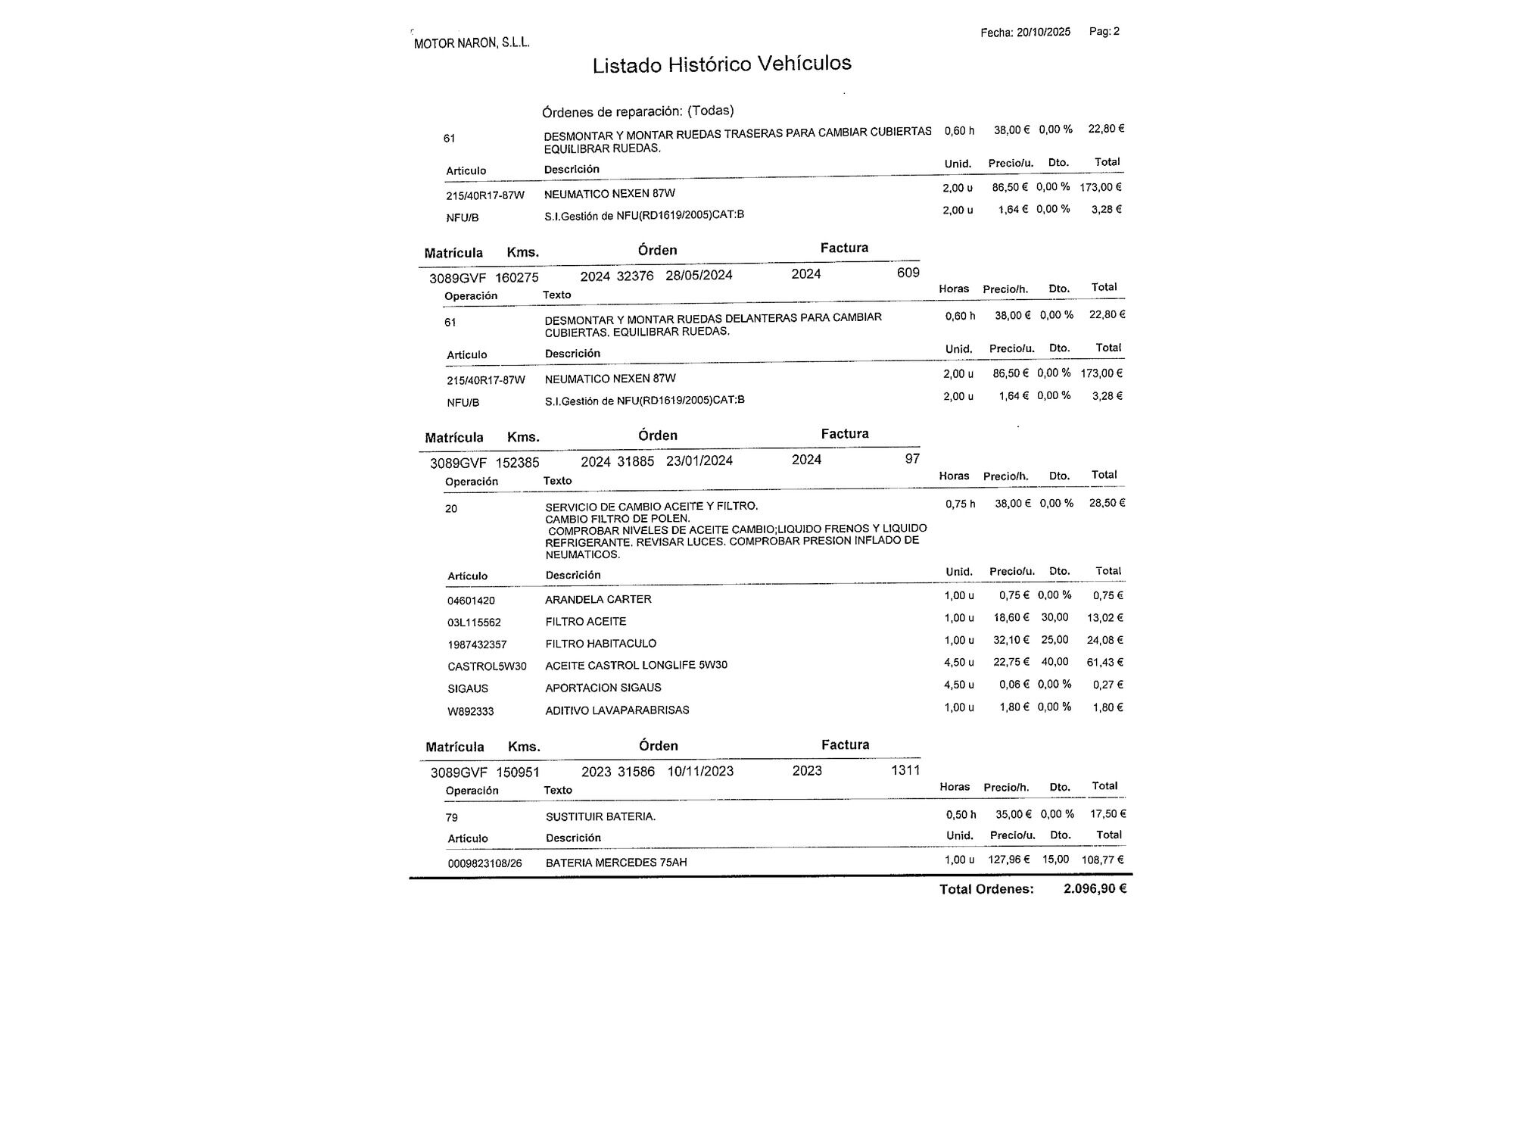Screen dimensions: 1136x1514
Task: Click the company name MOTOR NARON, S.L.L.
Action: click(x=472, y=43)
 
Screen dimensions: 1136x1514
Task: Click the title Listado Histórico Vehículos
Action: click(x=721, y=64)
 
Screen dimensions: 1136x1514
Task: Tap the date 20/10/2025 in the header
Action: click(x=1043, y=32)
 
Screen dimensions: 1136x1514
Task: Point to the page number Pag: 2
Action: click(x=1104, y=31)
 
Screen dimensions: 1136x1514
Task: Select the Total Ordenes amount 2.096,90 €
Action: click(x=1095, y=888)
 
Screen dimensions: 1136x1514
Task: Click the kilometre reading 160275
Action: click(x=517, y=278)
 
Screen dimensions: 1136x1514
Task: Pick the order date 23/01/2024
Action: click(x=699, y=460)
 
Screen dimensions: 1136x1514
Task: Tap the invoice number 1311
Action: click(x=905, y=770)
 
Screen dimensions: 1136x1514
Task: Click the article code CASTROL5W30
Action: click(x=487, y=666)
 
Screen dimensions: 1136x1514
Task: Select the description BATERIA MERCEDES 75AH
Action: click(x=616, y=863)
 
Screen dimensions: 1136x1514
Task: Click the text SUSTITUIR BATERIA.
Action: click(x=600, y=816)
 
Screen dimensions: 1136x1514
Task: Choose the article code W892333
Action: click(x=471, y=711)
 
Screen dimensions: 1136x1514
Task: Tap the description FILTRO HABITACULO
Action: click(x=601, y=644)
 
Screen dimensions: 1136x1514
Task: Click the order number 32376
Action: click(x=635, y=276)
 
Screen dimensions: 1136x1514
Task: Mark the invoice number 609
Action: click(x=908, y=273)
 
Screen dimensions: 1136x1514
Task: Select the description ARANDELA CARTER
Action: click(x=598, y=599)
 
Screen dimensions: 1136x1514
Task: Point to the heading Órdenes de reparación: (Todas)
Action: click(x=637, y=111)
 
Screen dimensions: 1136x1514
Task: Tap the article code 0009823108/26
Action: click(x=484, y=863)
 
